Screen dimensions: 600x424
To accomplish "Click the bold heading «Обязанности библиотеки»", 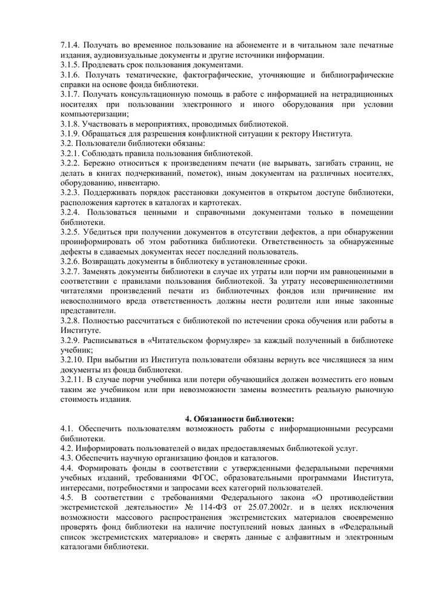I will (x=243, y=418).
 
